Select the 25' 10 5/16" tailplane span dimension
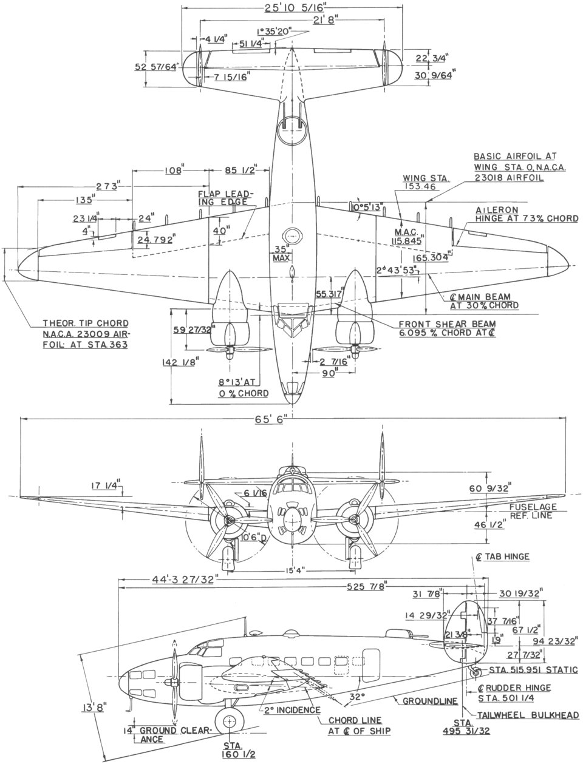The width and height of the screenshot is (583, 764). [292, 9]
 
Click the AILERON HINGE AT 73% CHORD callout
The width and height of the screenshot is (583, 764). [526, 214]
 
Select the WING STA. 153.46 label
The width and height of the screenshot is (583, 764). [425, 183]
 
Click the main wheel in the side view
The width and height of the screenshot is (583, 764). [230, 721]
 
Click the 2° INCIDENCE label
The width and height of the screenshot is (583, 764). [292, 709]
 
